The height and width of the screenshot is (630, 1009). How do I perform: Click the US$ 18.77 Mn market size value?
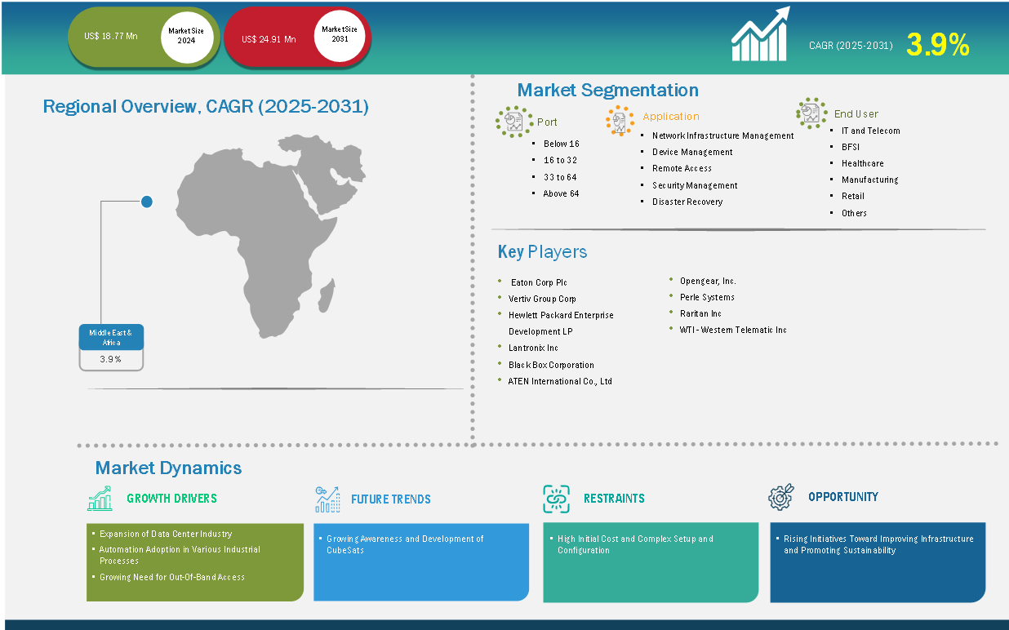coord(111,36)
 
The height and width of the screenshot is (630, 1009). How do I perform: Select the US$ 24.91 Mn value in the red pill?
coord(269,39)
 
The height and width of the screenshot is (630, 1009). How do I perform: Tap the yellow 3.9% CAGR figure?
coord(938,45)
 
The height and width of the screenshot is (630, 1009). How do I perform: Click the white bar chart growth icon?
coord(760,33)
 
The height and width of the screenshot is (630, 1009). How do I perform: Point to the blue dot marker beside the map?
coord(147,202)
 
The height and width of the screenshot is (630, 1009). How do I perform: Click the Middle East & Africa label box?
coord(111,337)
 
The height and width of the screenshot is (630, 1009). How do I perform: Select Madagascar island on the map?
coord(326,295)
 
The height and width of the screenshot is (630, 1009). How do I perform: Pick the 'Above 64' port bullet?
coord(561,193)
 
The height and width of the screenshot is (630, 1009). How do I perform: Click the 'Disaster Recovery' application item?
coord(687,202)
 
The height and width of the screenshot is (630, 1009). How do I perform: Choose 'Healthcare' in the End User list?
coord(863,163)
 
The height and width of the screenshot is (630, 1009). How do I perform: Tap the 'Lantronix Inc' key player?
coord(533,348)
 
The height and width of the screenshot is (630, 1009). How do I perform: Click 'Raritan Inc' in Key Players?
coord(700,313)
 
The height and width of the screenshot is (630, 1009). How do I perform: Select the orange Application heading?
coord(671,116)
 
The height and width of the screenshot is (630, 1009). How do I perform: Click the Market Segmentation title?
coord(607,90)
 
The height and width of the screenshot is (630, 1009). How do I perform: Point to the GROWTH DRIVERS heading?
coord(171,499)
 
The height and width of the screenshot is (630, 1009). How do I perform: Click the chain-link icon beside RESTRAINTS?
coord(556,499)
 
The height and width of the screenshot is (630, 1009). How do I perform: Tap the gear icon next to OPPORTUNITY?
coord(781,497)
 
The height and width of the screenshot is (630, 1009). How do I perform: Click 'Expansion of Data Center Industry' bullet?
coord(166,534)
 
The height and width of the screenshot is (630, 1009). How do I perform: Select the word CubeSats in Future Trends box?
coord(345,550)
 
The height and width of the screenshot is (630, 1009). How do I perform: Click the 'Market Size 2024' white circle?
coord(186,36)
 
